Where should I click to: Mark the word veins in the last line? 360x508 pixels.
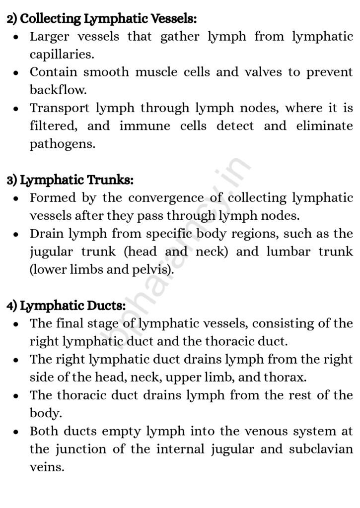47,467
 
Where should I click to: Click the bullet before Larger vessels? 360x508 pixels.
17,37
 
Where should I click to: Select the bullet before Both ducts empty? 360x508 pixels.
17,432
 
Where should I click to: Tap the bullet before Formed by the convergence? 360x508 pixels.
17,198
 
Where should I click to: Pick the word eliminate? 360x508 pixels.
324,126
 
